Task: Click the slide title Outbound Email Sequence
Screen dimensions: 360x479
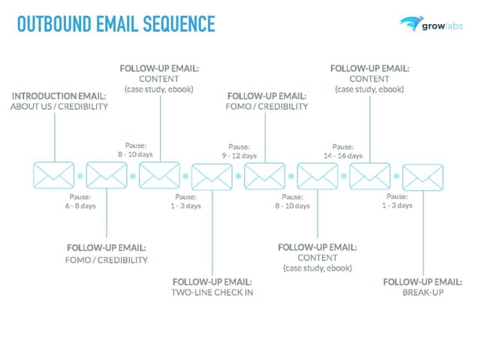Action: click(x=116, y=25)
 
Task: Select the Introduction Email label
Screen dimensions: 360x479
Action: click(x=59, y=96)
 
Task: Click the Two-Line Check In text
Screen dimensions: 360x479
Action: click(x=212, y=292)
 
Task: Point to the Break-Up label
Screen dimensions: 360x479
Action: click(x=423, y=292)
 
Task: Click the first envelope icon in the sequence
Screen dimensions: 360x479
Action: click(x=54, y=176)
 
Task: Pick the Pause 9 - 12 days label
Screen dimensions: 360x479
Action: click(x=239, y=151)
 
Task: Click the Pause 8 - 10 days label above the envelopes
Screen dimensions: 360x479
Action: click(x=135, y=149)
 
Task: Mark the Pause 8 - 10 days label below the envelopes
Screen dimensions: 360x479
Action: click(x=292, y=201)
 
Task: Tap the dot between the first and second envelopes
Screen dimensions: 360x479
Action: click(x=80, y=177)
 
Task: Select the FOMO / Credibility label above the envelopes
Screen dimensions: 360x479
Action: click(x=267, y=106)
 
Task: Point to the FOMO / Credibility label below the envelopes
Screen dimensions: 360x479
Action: click(x=107, y=259)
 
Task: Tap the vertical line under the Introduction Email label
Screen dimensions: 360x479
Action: click(x=55, y=135)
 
